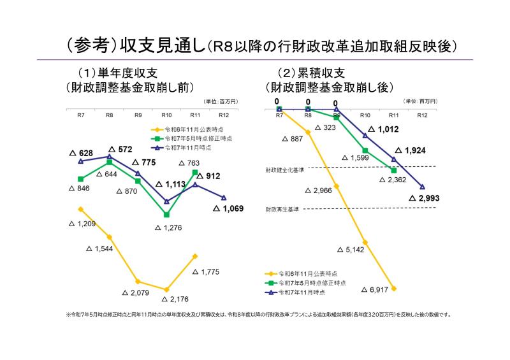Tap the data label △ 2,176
pyautogui.click(x=175, y=299)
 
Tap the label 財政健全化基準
pyautogui.click(x=284, y=171)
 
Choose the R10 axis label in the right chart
pyautogui.click(x=365, y=115)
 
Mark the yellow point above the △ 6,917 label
pyautogui.click(x=394, y=289)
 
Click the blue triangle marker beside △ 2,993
pyautogui.click(x=422, y=186)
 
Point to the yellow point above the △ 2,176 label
pyautogui.click(x=166, y=289)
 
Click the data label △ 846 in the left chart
pyautogui.click(x=79, y=189)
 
